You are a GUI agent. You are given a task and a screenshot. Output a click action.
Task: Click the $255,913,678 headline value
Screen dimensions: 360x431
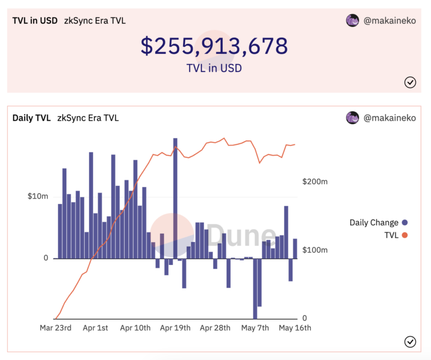[x=214, y=46]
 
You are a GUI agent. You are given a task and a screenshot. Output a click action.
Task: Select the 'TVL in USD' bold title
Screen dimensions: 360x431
[x=35, y=21]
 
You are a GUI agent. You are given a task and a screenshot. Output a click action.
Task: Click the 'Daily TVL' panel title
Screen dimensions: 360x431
[x=31, y=118]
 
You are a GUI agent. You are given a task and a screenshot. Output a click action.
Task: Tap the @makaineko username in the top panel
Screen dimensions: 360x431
[x=390, y=21]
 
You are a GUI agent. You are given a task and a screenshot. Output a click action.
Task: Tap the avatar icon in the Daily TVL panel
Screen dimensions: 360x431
[x=352, y=118]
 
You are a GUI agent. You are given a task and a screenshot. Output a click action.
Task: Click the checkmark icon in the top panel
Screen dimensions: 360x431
[x=410, y=83]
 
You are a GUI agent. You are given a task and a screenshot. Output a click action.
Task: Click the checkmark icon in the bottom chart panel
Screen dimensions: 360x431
[x=410, y=341]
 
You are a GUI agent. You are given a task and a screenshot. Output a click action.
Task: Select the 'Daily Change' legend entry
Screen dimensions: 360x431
[x=374, y=222]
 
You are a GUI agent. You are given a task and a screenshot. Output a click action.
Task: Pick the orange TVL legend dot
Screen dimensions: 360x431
[x=405, y=235]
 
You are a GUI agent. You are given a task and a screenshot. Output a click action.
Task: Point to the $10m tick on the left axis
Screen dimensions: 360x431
[x=38, y=196]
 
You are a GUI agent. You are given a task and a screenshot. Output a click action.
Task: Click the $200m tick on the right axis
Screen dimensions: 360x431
[x=314, y=181]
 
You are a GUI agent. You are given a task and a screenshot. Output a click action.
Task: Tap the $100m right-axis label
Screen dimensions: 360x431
[x=314, y=249]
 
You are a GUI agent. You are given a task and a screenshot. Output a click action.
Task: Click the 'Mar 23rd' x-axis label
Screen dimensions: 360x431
[x=55, y=327]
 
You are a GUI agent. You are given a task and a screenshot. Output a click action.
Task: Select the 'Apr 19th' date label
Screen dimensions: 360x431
[x=175, y=327]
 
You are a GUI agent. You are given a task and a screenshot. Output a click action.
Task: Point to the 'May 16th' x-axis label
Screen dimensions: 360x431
[x=296, y=327]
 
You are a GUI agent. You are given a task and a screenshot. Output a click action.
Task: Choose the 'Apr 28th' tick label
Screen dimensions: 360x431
[x=215, y=327]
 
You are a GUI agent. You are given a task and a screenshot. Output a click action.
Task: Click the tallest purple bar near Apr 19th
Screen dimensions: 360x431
[x=175, y=197]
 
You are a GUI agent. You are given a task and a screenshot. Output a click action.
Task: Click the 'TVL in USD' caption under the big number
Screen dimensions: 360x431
[x=214, y=69]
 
